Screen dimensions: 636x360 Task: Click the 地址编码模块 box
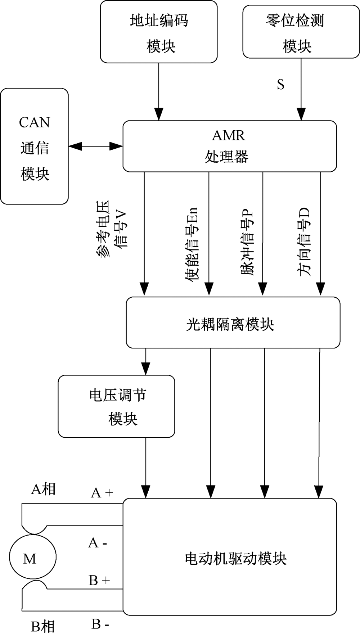tap(159, 32)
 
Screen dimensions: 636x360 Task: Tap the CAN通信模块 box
tap(35, 146)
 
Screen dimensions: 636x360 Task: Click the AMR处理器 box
tap(230, 146)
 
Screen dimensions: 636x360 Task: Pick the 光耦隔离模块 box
tap(233, 322)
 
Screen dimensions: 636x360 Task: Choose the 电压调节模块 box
tap(117, 406)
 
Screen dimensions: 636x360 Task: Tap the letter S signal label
tap(280, 85)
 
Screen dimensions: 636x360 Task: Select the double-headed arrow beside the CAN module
tap(95, 146)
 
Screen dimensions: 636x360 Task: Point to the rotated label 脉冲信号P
tap(247, 243)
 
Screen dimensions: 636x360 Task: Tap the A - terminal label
tap(98, 542)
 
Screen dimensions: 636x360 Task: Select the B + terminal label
tap(99, 580)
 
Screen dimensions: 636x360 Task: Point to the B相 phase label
tap(43, 627)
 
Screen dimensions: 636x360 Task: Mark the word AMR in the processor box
tap(229, 136)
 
